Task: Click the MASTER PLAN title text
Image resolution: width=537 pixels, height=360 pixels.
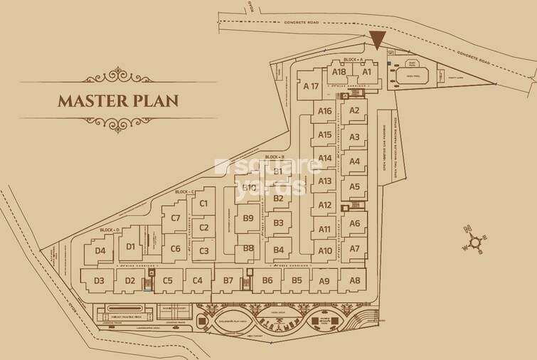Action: [118, 100]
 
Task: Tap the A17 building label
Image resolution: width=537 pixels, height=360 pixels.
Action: [310, 87]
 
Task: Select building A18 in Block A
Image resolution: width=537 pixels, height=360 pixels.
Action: [339, 71]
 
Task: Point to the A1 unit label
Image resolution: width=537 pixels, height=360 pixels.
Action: [367, 71]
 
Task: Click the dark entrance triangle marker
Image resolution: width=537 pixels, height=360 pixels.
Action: [377, 40]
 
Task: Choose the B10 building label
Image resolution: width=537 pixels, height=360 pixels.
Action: [249, 187]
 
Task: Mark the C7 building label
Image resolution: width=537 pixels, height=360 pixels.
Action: [176, 218]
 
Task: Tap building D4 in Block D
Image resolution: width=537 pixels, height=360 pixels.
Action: [100, 250]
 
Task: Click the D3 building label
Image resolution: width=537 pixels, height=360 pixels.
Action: [99, 280]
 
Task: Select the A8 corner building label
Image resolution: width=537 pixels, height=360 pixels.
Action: [354, 280]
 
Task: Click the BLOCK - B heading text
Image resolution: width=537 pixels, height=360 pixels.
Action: [275, 157]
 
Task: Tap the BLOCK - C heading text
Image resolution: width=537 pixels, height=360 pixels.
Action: [184, 192]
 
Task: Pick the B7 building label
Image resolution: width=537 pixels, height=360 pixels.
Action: [228, 280]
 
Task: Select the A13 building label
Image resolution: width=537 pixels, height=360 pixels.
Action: [325, 181]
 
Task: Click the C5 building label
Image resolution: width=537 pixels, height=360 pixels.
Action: [167, 280]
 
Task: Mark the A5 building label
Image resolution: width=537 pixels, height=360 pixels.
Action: [354, 186]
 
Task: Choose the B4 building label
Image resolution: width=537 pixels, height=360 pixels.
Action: [279, 250]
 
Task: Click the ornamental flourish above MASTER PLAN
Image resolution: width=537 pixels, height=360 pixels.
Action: [118, 75]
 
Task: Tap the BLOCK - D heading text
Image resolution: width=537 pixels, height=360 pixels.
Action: [110, 230]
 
